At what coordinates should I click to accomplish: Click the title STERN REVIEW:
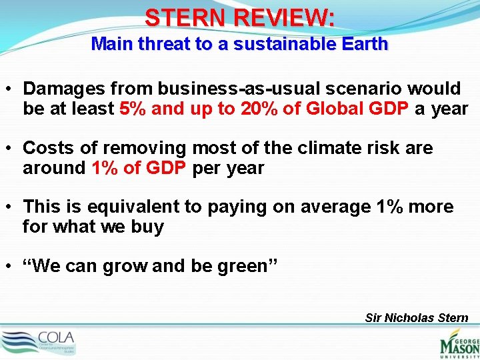(240, 17)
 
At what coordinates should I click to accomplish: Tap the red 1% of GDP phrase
(139, 168)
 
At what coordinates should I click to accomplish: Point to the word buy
(148, 227)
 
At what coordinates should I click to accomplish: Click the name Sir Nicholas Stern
(417, 318)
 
